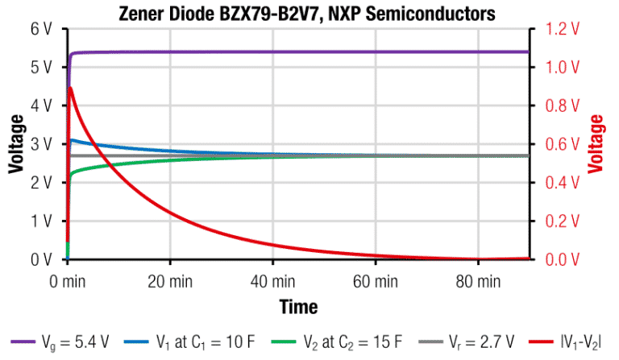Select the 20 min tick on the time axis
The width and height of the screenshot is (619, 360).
170,282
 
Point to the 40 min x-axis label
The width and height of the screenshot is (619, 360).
272,282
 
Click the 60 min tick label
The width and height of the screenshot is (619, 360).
376,282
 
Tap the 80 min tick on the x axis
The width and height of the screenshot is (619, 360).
478,282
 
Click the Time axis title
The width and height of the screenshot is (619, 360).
298,307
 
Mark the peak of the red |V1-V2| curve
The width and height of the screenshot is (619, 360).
71,87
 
